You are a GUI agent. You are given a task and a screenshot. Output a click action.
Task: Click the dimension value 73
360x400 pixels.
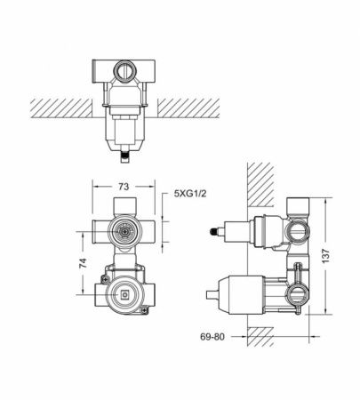coord(124,188)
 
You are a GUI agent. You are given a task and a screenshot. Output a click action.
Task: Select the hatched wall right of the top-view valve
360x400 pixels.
coord(200,107)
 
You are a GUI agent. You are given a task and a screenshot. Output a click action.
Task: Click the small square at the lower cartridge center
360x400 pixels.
coord(123,296)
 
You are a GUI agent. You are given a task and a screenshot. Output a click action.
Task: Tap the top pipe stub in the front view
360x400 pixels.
coord(123,205)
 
